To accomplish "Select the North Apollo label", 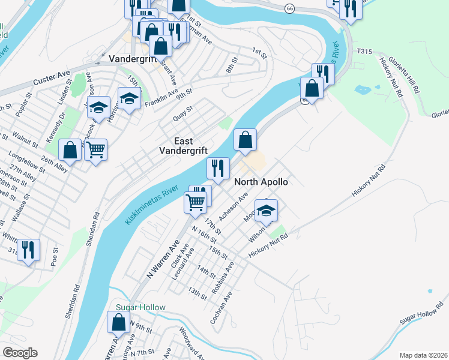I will tap(261, 181).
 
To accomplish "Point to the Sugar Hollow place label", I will tap(140, 307).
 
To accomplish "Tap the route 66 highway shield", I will tap(291, 8).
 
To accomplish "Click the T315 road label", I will tap(365, 52).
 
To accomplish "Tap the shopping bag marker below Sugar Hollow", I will tap(118, 322).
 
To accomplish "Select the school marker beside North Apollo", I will tap(266, 210).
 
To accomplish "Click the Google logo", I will tap(20, 353).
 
